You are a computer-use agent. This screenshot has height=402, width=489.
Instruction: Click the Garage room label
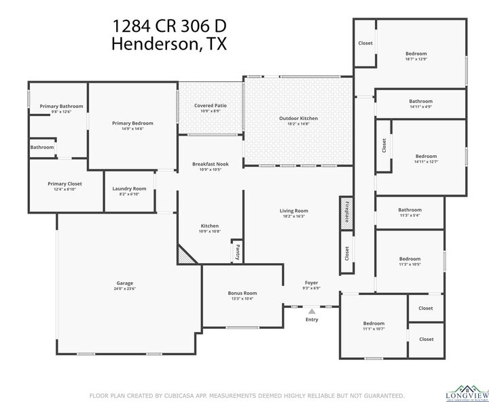tap(124, 283)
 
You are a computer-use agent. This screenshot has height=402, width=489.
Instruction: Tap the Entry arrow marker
tap(312, 311)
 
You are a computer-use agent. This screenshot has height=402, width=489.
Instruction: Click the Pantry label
tap(237, 252)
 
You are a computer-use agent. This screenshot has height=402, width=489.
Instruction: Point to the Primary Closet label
tap(65, 184)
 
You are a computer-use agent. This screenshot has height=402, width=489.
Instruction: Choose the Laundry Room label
tap(129, 188)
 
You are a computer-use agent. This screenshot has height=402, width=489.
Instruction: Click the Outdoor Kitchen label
tap(298, 119)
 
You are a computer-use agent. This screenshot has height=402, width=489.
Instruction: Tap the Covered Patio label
tap(211, 106)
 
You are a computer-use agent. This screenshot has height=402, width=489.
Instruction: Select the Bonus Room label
tap(242, 293)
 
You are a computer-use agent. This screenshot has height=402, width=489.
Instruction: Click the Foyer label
tap(311, 283)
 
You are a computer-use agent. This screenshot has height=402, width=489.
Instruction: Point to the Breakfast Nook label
tap(211, 164)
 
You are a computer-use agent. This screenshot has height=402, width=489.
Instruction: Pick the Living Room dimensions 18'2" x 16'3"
tap(293, 216)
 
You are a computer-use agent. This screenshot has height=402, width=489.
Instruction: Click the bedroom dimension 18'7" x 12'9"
tap(416, 59)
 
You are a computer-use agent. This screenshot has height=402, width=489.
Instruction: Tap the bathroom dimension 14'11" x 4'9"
tap(420, 106)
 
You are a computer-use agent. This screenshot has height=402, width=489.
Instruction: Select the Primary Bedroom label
tap(132, 123)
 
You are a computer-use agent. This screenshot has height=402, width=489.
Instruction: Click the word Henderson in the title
tap(155, 45)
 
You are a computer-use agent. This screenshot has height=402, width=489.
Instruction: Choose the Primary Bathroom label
tap(61, 106)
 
